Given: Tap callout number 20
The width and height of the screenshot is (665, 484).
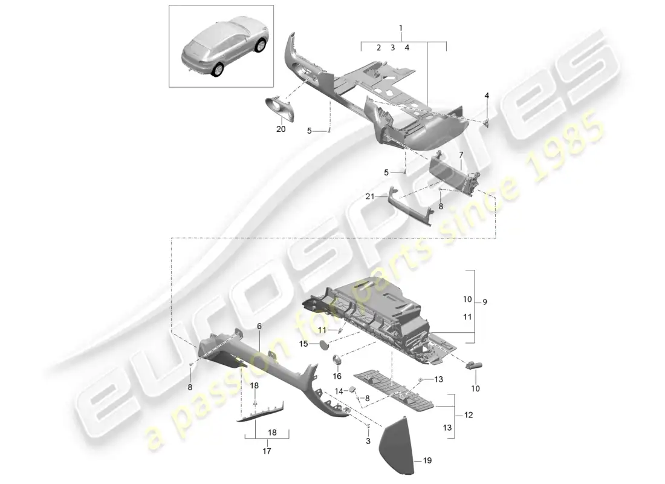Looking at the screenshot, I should point(281,129).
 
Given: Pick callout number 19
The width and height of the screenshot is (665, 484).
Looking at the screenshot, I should point(427,461).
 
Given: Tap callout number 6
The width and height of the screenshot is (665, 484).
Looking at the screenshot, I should point(259,326).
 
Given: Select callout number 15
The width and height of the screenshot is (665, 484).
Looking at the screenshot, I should point(305,344).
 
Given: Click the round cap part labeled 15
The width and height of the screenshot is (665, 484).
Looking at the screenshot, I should point(325,344).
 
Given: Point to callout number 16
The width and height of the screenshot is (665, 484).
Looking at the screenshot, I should point(337,376).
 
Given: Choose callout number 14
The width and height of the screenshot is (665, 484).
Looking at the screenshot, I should point(340,391).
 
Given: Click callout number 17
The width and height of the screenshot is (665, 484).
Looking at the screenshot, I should point(267,451).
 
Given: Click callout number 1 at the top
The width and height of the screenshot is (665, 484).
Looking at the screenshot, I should point(400,28).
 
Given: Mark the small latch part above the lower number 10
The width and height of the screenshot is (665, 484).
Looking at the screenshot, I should point(473,365).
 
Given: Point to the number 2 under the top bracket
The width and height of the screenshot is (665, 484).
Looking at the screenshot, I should point(378,47).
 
